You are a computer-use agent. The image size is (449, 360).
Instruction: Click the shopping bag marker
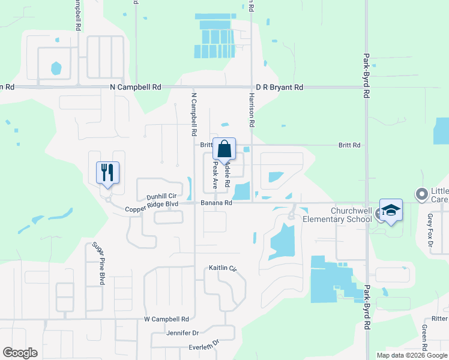[x=224, y=150]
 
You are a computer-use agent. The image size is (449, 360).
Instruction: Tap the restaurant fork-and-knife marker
[x=108, y=173]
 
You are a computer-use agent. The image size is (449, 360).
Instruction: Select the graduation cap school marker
[x=390, y=211]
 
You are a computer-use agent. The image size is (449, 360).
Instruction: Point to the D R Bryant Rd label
[x=279, y=87]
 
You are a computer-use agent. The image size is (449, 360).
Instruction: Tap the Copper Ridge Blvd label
[x=152, y=210]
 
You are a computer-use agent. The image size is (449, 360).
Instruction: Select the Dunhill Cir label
[x=161, y=196]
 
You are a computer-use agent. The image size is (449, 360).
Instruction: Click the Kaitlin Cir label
[x=223, y=268]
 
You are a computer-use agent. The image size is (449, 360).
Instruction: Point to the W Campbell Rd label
[x=166, y=319]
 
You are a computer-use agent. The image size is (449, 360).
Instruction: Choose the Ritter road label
[x=439, y=319]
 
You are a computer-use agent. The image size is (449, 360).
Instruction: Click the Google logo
[x=20, y=353]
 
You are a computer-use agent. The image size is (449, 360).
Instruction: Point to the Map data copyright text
[x=411, y=355]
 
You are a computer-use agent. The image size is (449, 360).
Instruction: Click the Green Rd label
[x=424, y=338]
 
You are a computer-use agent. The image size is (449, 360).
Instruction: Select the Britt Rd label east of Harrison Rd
[x=349, y=145]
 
